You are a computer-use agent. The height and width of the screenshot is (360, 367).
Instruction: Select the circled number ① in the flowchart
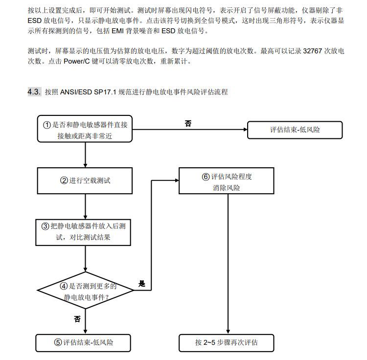pos(47,125)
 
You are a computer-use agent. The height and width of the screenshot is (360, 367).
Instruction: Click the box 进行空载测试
pos(86,180)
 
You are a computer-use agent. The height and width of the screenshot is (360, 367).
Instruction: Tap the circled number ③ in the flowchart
pos(46,226)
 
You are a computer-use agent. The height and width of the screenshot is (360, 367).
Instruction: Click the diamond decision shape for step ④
pos(86,291)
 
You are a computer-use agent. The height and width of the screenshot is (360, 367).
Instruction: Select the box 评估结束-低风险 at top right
pos(295,130)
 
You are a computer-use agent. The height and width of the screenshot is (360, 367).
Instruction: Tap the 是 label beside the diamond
pos(142,284)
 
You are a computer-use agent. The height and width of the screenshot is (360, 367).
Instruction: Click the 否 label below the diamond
pos(77,319)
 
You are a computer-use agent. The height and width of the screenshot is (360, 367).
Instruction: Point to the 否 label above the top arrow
pos(188,124)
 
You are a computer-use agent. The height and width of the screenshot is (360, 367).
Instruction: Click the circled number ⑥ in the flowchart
pos(206,177)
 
